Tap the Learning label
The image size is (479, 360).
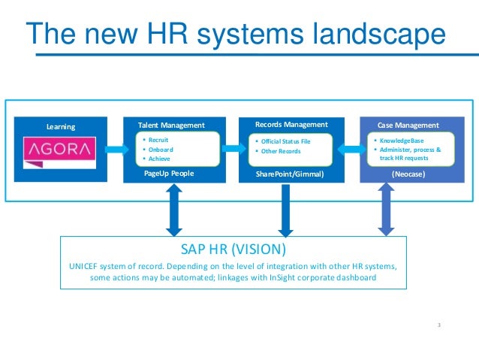pos(61,126)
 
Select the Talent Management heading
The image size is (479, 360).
pos(171,125)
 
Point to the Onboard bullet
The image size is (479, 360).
pos(160,149)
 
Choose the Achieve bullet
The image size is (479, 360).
pos(159,159)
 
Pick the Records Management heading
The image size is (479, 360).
pos(291,124)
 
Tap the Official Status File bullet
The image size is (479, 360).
pos(285,141)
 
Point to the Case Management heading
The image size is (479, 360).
pos(408,125)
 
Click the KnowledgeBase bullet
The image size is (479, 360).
pos(399,141)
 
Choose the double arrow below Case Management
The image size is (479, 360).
pos(386,209)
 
